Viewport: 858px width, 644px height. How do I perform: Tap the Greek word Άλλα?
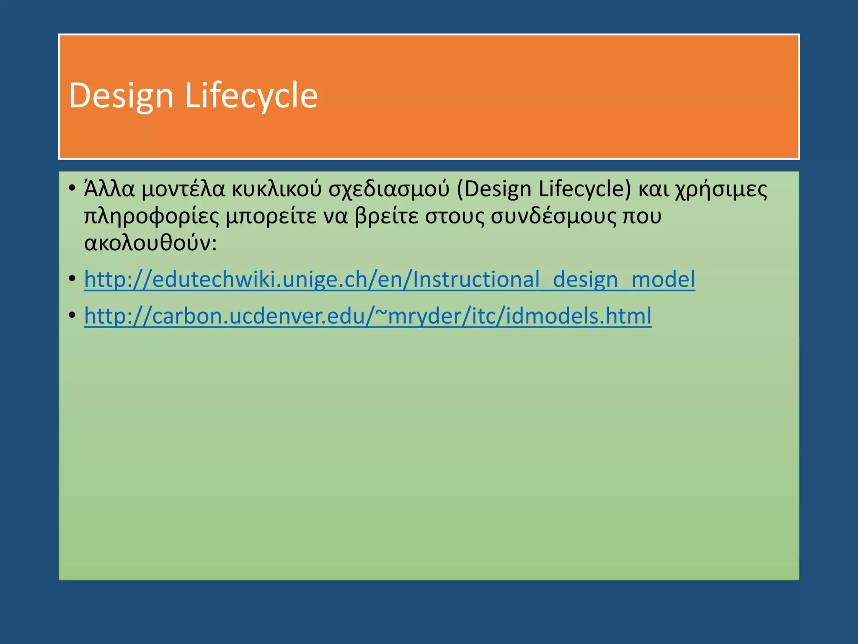pyautogui.click(x=109, y=189)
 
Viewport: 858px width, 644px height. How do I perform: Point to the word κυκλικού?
pyautogui.click(x=277, y=189)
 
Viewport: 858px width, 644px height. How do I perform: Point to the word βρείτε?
pyautogui.click(x=386, y=216)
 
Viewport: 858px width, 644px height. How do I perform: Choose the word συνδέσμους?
pyautogui.click(x=553, y=216)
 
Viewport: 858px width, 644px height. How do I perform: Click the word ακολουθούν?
pyautogui.click(x=150, y=243)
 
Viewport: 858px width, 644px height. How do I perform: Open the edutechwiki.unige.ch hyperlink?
pyautogui.click(x=389, y=280)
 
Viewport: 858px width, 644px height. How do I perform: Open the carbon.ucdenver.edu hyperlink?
pyautogui.click(x=367, y=316)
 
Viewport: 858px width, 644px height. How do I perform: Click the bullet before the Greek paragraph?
pyautogui.click(x=72, y=187)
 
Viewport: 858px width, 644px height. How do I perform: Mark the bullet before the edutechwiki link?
pyautogui.click(x=72, y=278)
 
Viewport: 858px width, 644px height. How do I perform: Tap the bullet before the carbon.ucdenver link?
pyautogui.click(x=72, y=314)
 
